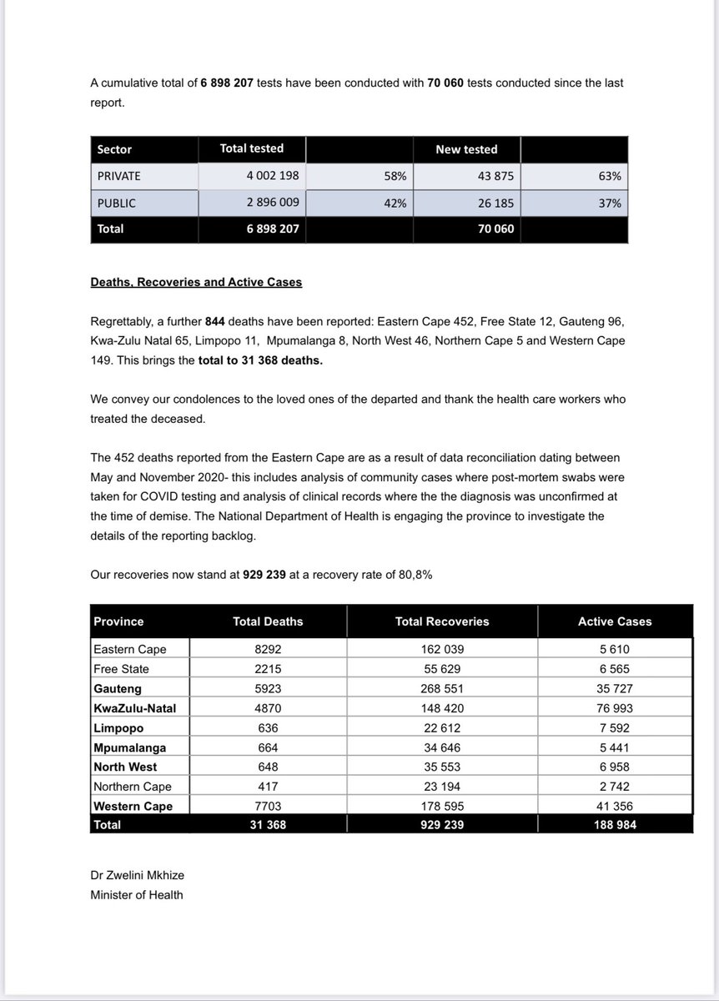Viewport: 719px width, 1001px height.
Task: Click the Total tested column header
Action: coord(251,148)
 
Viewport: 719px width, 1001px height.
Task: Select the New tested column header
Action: coord(466,149)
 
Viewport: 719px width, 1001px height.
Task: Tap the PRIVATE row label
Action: coord(119,176)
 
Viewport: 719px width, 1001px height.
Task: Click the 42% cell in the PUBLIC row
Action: coord(395,203)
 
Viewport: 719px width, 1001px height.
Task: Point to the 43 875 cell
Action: coord(495,176)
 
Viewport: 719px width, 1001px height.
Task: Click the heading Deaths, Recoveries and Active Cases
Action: coord(196,282)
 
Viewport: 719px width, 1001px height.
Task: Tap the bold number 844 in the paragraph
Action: coord(217,321)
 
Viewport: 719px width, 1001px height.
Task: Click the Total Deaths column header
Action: coord(268,621)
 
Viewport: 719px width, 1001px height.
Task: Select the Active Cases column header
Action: coord(615,621)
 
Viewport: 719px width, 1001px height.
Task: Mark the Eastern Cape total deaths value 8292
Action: coord(268,649)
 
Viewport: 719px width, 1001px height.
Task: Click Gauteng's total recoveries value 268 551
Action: coord(442,688)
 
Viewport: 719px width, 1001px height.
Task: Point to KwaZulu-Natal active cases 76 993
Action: coord(615,707)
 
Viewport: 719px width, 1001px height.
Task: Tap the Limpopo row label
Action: coord(118,727)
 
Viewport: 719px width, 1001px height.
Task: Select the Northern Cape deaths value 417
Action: coord(268,786)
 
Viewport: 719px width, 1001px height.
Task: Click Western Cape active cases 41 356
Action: coord(615,806)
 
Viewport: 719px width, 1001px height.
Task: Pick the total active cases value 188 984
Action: coord(615,824)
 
